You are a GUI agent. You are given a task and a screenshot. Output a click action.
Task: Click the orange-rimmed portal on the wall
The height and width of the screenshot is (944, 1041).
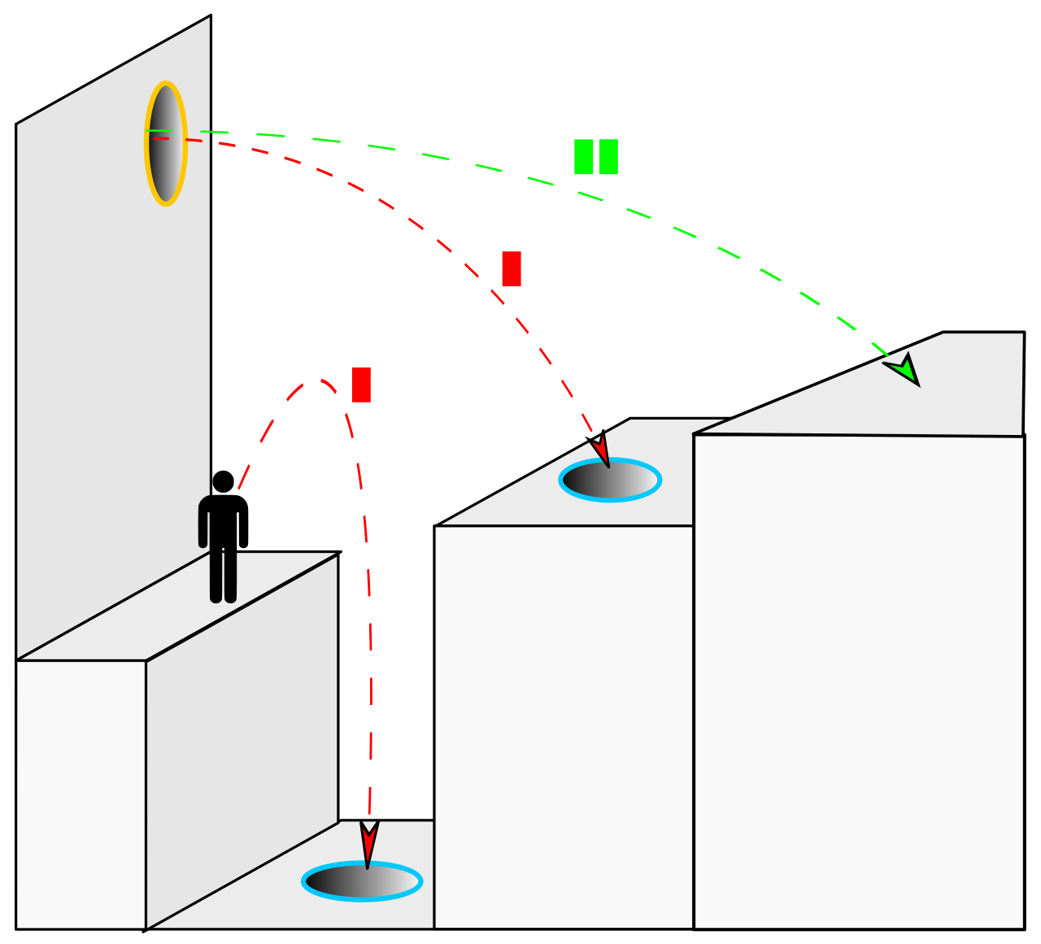tap(166, 144)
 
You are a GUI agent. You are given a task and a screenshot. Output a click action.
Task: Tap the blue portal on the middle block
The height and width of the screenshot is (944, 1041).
tap(610, 480)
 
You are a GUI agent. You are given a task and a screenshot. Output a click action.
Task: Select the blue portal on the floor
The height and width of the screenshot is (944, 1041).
tap(362, 881)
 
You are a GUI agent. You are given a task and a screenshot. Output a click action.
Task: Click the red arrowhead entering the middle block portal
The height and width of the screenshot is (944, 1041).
tap(600, 450)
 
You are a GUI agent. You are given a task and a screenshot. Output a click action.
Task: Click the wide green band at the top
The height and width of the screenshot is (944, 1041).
tap(651, 166)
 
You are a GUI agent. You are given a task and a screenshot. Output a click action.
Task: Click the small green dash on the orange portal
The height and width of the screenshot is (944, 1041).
tap(159, 130)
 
